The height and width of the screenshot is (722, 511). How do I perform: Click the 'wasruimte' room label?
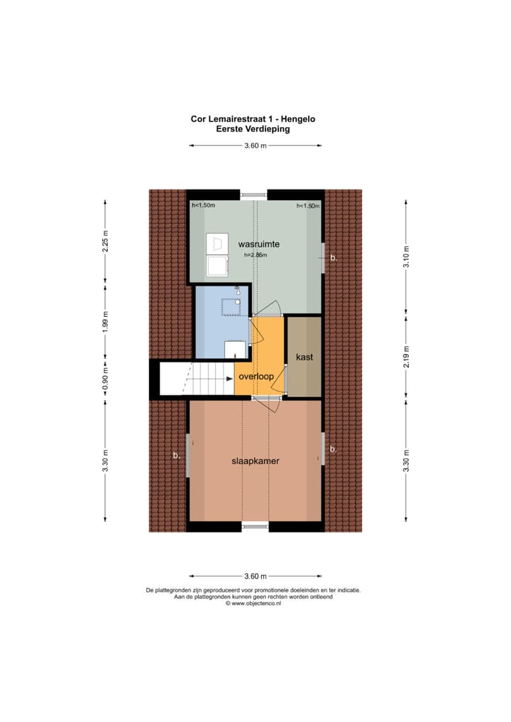tap(258, 244)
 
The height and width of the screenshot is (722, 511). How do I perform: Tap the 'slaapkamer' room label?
tap(255, 460)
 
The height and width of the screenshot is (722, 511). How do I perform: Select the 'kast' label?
tap(304, 357)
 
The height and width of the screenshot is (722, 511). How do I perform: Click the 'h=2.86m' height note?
tap(255, 255)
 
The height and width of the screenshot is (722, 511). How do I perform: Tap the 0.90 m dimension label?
tap(105, 377)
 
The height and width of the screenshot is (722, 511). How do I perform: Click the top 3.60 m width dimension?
tap(255, 146)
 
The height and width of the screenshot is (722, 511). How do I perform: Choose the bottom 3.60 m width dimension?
tap(255, 576)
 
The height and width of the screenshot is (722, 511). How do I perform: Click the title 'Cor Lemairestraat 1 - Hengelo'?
tap(253, 120)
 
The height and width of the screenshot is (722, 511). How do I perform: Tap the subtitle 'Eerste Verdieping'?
tap(253, 129)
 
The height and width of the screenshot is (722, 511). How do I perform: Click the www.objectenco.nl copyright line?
tap(253, 604)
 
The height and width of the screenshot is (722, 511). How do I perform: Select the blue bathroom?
tap(221, 323)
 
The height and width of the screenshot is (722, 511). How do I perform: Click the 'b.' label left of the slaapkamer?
tap(177, 456)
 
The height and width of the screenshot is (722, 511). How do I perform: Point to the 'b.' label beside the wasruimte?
tap(334, 258)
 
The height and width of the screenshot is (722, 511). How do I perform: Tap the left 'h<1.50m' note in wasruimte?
tap(204, 206)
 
